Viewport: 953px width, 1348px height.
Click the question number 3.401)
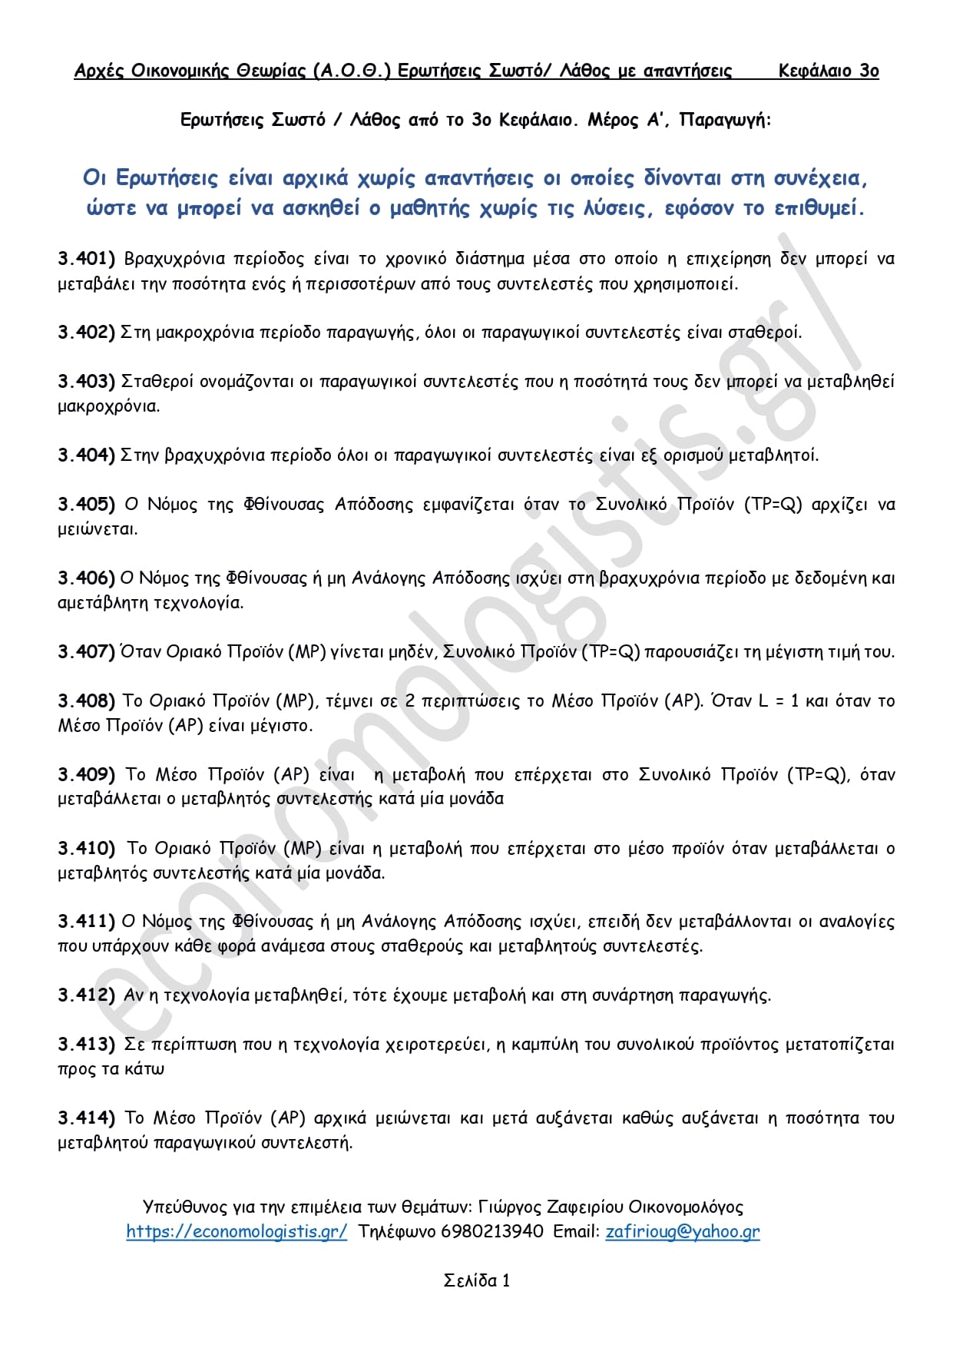pos(86,259)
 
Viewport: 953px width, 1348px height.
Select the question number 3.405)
pos(86,505)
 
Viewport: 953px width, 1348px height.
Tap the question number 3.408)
pos(86,701)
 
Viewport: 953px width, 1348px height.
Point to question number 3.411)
pos(86,922)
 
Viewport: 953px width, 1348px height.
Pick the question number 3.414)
pos(86,1118)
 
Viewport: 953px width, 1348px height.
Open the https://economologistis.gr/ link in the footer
pos(237,1232)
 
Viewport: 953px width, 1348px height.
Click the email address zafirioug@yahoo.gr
pos(683,1232)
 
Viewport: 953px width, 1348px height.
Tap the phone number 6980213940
pos(492,1232)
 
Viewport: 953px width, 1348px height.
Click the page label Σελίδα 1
pos(477,1280)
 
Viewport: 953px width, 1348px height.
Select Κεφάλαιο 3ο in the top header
pos(829,71)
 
